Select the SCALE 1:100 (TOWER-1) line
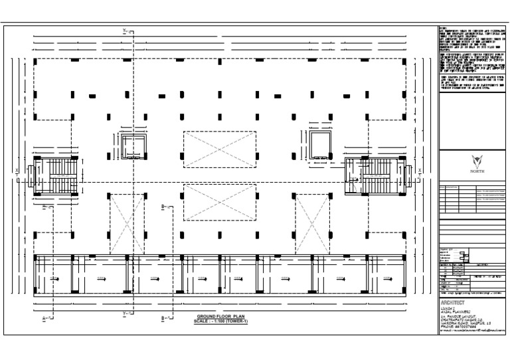tap(220, 323)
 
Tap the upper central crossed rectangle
tap(220, 149)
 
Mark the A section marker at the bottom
tap(46, 319)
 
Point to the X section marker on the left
tap(17, 171)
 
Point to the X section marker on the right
tap(420, 171)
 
